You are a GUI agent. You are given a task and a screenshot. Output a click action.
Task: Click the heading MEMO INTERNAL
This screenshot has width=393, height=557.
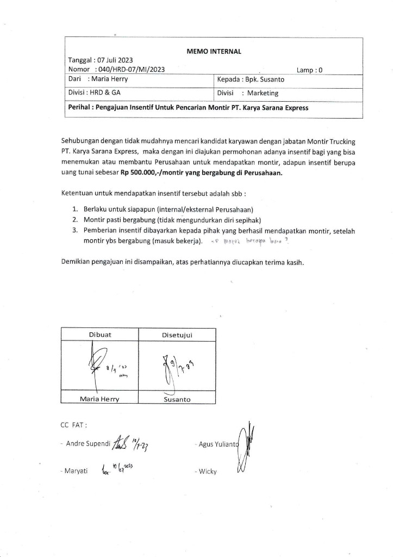214,52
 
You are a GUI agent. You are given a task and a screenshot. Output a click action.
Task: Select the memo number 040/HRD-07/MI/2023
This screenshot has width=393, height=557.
130,70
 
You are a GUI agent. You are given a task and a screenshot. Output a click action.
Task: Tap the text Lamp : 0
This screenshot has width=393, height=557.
310,70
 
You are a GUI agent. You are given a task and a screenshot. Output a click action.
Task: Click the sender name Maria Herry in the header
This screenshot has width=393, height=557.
110,79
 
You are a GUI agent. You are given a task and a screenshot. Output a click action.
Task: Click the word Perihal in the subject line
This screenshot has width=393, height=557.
80,108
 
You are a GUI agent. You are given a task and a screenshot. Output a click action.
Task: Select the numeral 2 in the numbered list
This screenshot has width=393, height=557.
75,220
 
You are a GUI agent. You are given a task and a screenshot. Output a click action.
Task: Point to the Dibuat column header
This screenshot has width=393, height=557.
100,335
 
